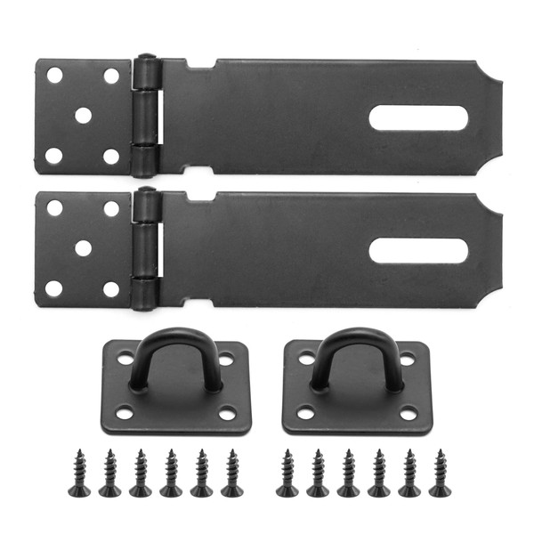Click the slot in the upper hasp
coord(418,117)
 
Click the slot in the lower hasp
coord(418,250)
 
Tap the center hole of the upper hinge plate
coord(83,115)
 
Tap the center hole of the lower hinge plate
coord(83,247)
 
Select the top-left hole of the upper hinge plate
coord(54,75)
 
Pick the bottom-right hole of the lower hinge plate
coord(111,289)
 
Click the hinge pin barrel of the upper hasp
coord(145,116)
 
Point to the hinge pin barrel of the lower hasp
coord(145,248)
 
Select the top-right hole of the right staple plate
coord(407,359)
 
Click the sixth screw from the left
coord(232,473)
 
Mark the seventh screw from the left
coord(287,473)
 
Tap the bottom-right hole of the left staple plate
coord(228,413)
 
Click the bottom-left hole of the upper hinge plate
coord(54,156)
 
